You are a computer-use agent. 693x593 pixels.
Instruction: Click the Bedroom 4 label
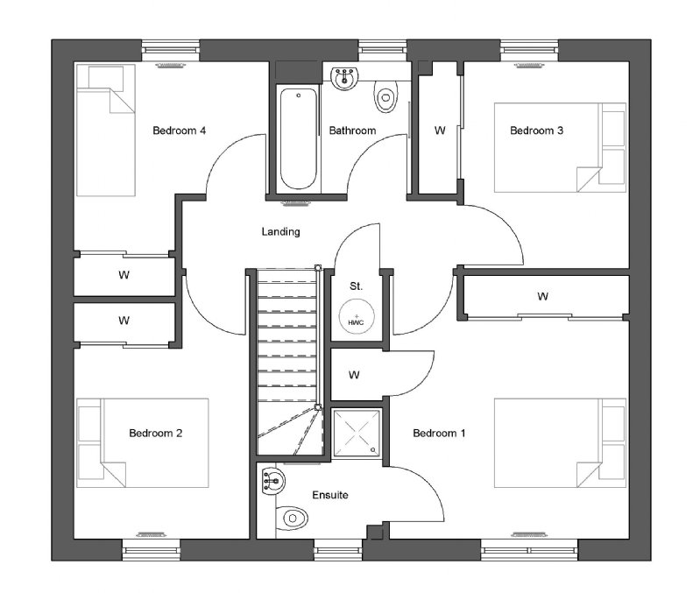click(x=179, y=131)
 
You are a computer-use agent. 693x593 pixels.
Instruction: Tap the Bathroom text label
click(x=352, y=131)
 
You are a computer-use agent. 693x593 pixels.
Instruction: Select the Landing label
click(x=280, y=231)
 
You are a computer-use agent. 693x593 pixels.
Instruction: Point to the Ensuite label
click(x=330, y=495)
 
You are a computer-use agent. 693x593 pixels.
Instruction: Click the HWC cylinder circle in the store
click(x=357, y=316)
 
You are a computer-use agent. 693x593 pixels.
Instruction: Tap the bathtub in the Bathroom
click(x=299, y=138)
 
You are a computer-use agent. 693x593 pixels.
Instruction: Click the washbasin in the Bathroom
click(x=344, y=78)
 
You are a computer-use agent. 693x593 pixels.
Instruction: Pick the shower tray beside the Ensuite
click(x=357, y=434)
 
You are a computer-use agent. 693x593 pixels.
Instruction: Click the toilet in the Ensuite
click(x=292, y=518)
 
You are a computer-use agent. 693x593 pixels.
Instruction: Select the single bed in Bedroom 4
click(x=106, y=130)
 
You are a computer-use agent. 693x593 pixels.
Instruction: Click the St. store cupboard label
click(x=357, y=286)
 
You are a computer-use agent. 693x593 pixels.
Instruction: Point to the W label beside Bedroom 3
click(x=440, y=131)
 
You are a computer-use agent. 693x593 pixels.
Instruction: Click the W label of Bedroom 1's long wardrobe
click(x=542, y=296)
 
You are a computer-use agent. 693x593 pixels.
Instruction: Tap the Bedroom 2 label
click(x=156, y=433)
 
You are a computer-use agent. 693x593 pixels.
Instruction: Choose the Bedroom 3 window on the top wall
click(x=529, y=51)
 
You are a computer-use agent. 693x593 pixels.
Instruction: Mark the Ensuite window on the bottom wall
click(x=338, y=550)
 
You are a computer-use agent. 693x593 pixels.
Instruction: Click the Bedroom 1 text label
click(x=439, y=433)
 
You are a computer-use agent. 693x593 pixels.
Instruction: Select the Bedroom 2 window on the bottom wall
click(x=152, y=550)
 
